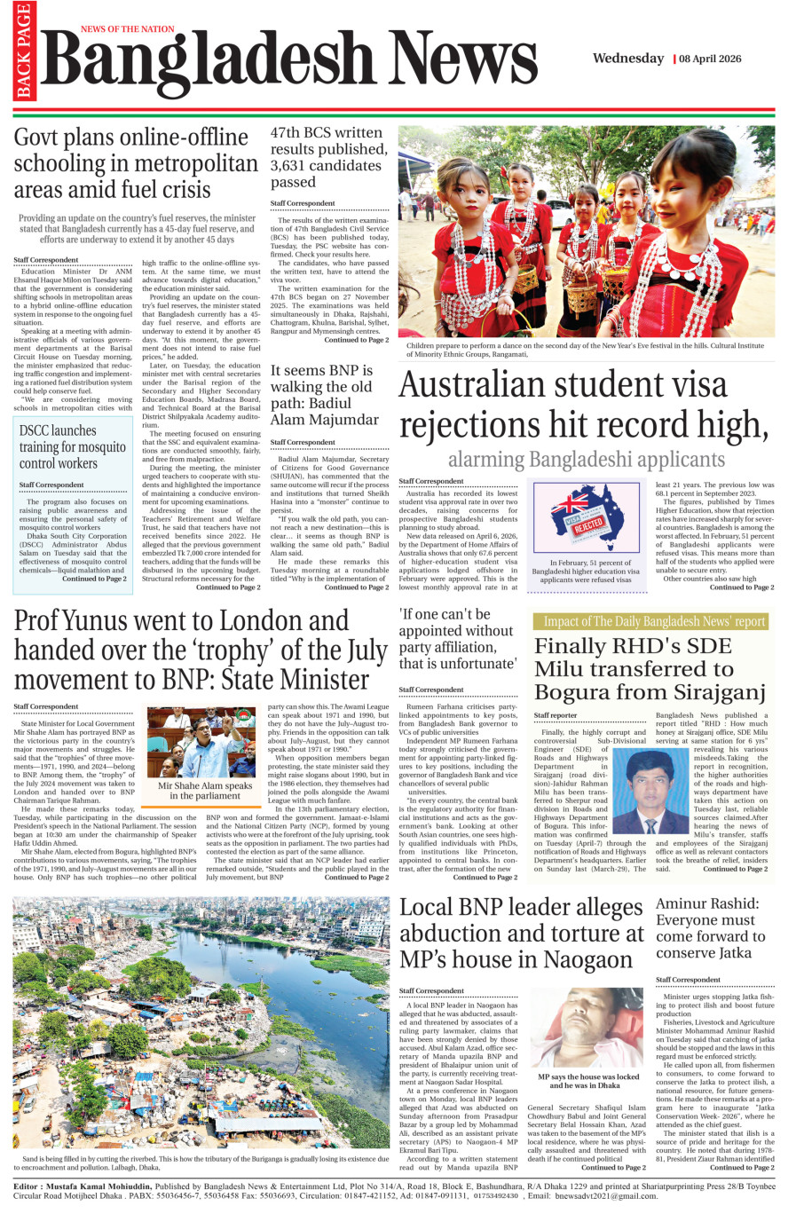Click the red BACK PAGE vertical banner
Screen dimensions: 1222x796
pos(23,51)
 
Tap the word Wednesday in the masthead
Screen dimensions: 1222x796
pos(628,59)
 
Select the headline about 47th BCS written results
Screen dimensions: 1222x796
pos(328,157)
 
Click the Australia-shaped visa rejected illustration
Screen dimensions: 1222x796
pos(585,518)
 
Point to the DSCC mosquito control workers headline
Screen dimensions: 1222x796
pos(72,446)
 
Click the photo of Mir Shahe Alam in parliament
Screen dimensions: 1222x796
pos(204,742)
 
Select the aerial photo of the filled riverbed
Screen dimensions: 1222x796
pos(201,1023)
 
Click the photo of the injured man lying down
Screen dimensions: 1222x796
pos(588,1029)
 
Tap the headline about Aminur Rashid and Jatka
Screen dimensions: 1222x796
pos(711,928)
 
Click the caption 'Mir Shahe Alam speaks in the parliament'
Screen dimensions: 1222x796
pos(205,791)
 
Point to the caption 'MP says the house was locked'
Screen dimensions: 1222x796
pos(588,1081)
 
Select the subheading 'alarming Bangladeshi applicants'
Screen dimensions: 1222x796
pos(586,460)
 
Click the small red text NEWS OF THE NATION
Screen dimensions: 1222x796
pos(128,29)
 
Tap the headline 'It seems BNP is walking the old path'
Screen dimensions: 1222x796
pos(325,395)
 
